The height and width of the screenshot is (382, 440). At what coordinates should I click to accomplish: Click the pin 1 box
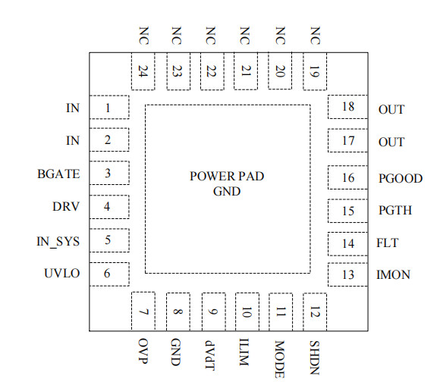[108, 108]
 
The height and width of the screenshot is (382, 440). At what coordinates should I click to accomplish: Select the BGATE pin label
[58, 174]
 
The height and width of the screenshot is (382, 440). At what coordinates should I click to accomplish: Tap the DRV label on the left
[65, 206]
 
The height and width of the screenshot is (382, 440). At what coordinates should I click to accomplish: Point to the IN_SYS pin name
[59, 241]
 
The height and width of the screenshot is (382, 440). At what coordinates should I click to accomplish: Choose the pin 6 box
[108, 274]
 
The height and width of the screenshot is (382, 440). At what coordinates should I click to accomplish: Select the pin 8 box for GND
[177, 312]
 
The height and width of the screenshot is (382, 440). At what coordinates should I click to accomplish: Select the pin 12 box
[314, 312]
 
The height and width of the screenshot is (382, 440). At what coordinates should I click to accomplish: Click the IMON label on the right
[393, 275]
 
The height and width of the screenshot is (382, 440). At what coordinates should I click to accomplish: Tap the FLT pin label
[387, 243]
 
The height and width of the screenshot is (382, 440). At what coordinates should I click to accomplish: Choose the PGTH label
[394, 211]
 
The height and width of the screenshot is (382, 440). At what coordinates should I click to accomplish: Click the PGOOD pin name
[399, 179]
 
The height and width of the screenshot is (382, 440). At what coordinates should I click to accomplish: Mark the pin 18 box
[347, 107]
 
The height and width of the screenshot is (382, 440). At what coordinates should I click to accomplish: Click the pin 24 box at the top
[143, 72]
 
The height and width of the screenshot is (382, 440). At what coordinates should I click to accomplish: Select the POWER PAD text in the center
[227, 177]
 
